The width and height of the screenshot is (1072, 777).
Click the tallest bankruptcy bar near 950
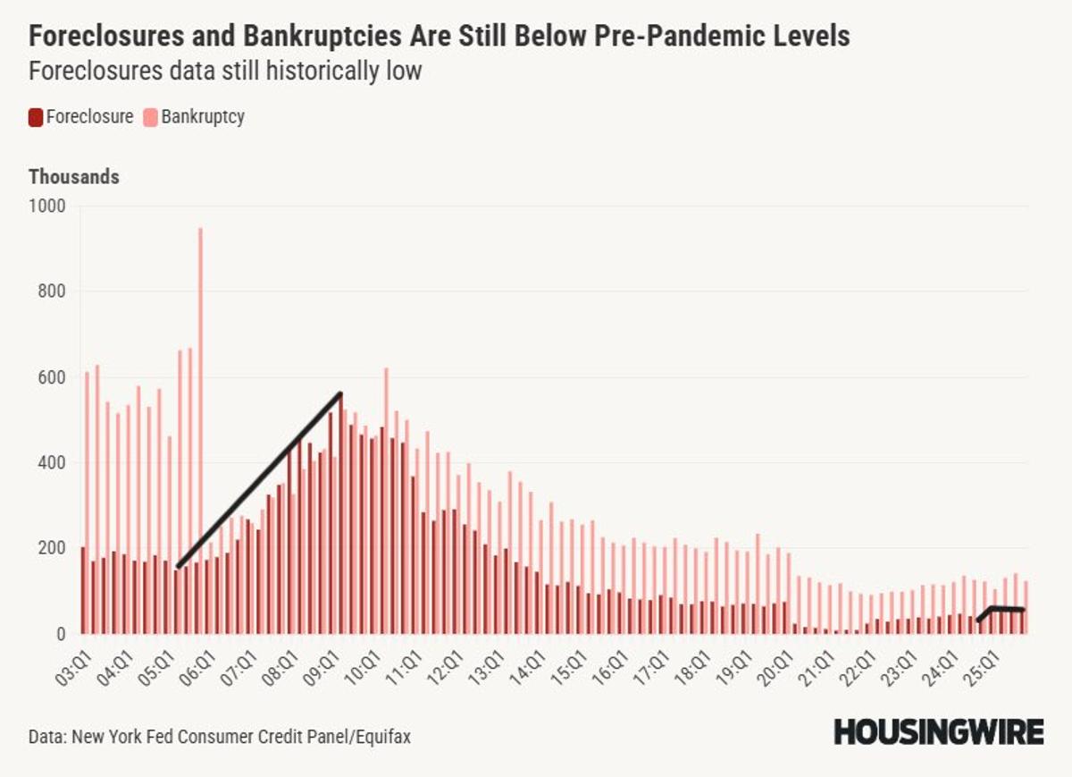tap(200, 429)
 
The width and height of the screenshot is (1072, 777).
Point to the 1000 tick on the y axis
tap(48, 206)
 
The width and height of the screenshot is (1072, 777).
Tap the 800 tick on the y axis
tap(52, 291)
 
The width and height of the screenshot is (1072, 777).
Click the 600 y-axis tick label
tap(52, 377)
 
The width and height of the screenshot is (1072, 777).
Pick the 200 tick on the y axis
tap(52, 548)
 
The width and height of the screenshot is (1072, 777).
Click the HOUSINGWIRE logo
tap(938, 732)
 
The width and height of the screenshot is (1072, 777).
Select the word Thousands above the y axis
tap(74, 177)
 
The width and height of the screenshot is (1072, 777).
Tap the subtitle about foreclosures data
tap(224, 72)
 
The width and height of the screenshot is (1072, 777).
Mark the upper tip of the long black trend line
tap(340, 393)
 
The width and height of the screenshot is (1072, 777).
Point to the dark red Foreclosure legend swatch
tap(36, 117)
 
